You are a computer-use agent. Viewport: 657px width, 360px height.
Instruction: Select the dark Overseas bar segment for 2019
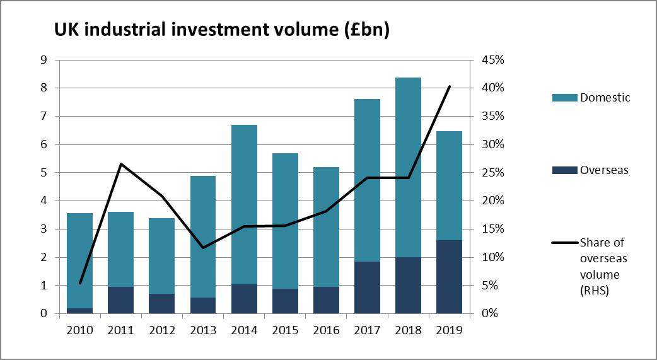pos(449,277)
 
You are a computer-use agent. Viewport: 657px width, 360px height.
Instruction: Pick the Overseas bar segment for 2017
pos(367,287)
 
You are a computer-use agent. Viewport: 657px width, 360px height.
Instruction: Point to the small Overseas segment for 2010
pos(80,310)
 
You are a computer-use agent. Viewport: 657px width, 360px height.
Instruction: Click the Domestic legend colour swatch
pos(564,98)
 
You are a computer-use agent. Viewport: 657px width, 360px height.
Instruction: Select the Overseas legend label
pos(604,170)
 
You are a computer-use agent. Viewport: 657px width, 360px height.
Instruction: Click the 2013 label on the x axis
pos(203,330)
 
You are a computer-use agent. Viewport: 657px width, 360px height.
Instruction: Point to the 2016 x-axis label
pos(326,330)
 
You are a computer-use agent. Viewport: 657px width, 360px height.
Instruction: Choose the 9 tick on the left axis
pos(44,60)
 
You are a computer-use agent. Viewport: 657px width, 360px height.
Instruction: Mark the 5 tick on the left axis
pos(44,173)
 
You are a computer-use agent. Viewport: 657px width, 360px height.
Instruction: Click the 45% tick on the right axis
pos(492,60)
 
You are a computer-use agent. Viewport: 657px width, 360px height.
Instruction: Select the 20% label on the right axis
pos(492,201)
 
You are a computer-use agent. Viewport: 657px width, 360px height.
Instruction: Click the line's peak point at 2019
pos(449,86)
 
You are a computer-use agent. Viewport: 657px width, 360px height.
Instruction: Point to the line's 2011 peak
pos(121,164)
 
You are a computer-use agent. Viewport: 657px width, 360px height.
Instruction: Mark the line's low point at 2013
pos(203,247)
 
